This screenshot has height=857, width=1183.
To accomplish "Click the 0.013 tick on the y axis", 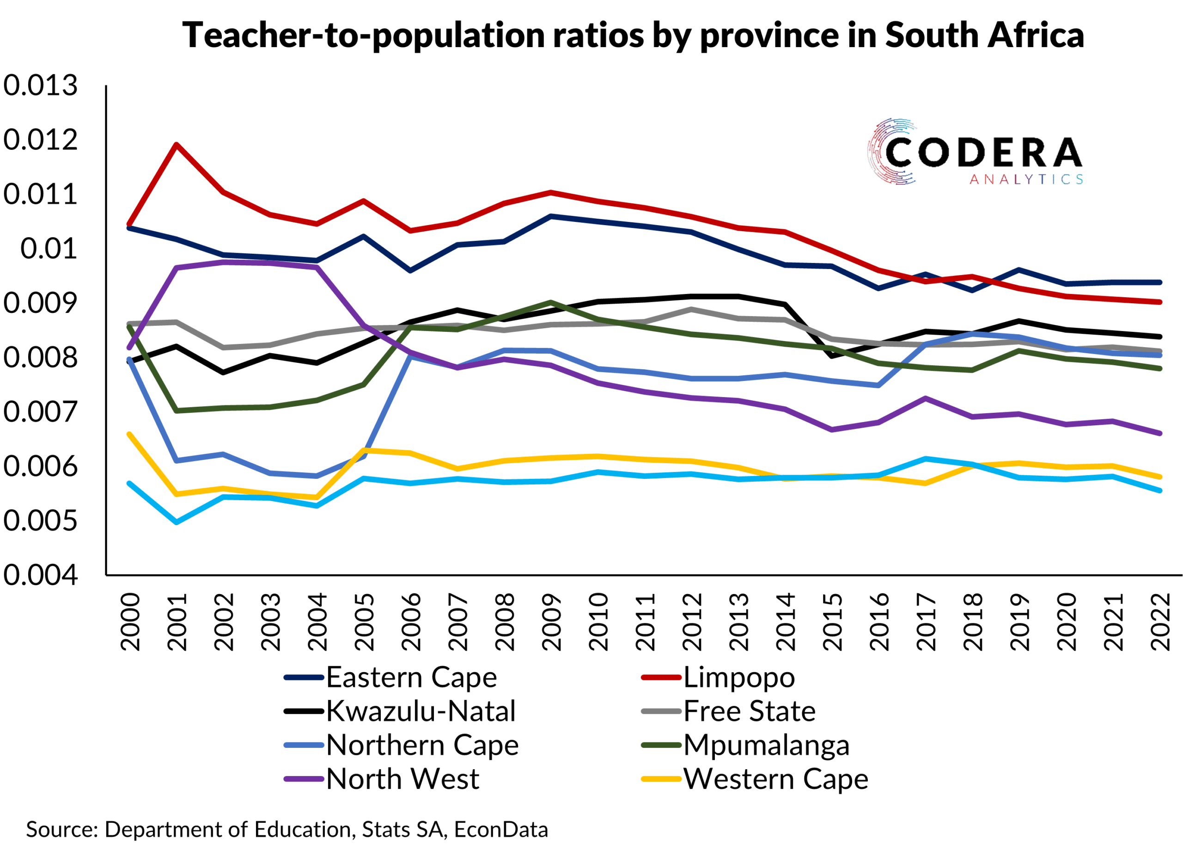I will (x=40, y=85).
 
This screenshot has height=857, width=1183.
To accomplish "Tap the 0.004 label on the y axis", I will (x=40, y=575).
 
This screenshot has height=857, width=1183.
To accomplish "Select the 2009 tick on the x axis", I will (x=551, y=622).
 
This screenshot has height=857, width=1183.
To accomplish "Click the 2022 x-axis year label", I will (x=1160, y=622).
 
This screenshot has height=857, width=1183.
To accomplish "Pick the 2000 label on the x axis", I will (x=130, y=622).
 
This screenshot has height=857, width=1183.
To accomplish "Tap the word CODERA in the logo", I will (x=983, y=153).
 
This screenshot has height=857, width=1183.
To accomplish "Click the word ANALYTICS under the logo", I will (x=1026, y=180).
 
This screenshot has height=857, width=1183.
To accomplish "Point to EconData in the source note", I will (x=501, y=829).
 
